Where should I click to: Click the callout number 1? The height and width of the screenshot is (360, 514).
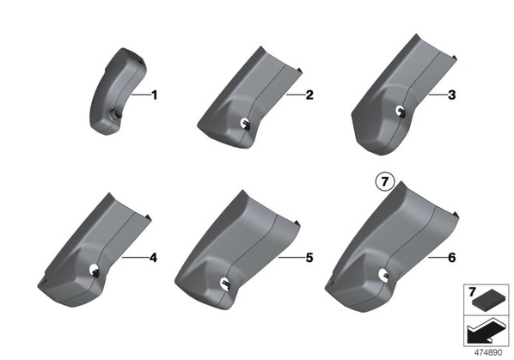click(154, 95)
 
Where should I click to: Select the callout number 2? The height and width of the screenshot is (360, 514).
click(309, 95)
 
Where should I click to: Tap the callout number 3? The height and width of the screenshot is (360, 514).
click(452, 95)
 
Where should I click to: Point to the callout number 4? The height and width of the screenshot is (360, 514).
click(153, 258)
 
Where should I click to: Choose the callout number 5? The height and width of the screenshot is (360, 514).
click(309, 258)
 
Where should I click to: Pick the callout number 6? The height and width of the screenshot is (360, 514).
click(452, 258)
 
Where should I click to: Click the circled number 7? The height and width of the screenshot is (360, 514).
click(385, 181)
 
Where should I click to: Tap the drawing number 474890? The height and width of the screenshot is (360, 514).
click(488, 352)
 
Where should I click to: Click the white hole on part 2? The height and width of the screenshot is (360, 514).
click(245, 123)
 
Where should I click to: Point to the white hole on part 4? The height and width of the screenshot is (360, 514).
click(94, 269)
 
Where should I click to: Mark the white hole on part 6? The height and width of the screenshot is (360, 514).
click(382, 274)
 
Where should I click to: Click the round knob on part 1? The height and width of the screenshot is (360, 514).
click(116, 113)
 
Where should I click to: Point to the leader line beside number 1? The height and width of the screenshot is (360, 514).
click(141, 95)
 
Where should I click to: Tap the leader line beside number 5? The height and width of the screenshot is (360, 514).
click(291, 258)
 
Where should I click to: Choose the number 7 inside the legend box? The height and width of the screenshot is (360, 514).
click(472, 292)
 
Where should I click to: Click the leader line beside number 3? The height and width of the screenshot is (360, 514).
click(438, 95)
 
